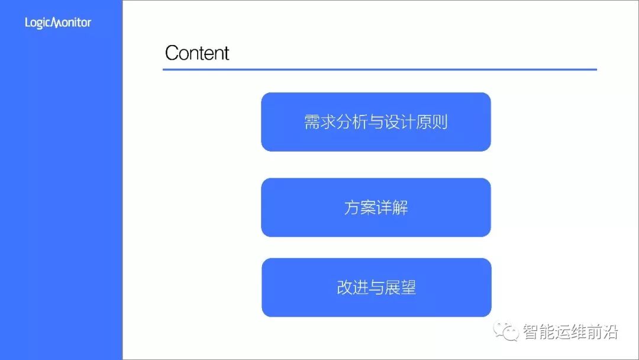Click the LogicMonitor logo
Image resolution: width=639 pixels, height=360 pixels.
click(58, 23)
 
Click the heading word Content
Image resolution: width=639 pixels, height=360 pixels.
click(197, 53)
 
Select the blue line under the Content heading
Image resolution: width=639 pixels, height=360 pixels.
click(379, 70)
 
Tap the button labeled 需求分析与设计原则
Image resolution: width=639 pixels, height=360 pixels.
click(376, 122)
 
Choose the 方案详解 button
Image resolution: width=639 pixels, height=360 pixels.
click(376, 208)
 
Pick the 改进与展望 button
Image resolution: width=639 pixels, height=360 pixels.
click(376, 288)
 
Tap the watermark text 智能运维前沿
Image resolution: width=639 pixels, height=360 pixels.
click(570, 332)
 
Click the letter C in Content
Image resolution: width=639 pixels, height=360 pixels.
click(172, 53)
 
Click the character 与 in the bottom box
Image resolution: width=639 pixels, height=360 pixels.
click(376, 288)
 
